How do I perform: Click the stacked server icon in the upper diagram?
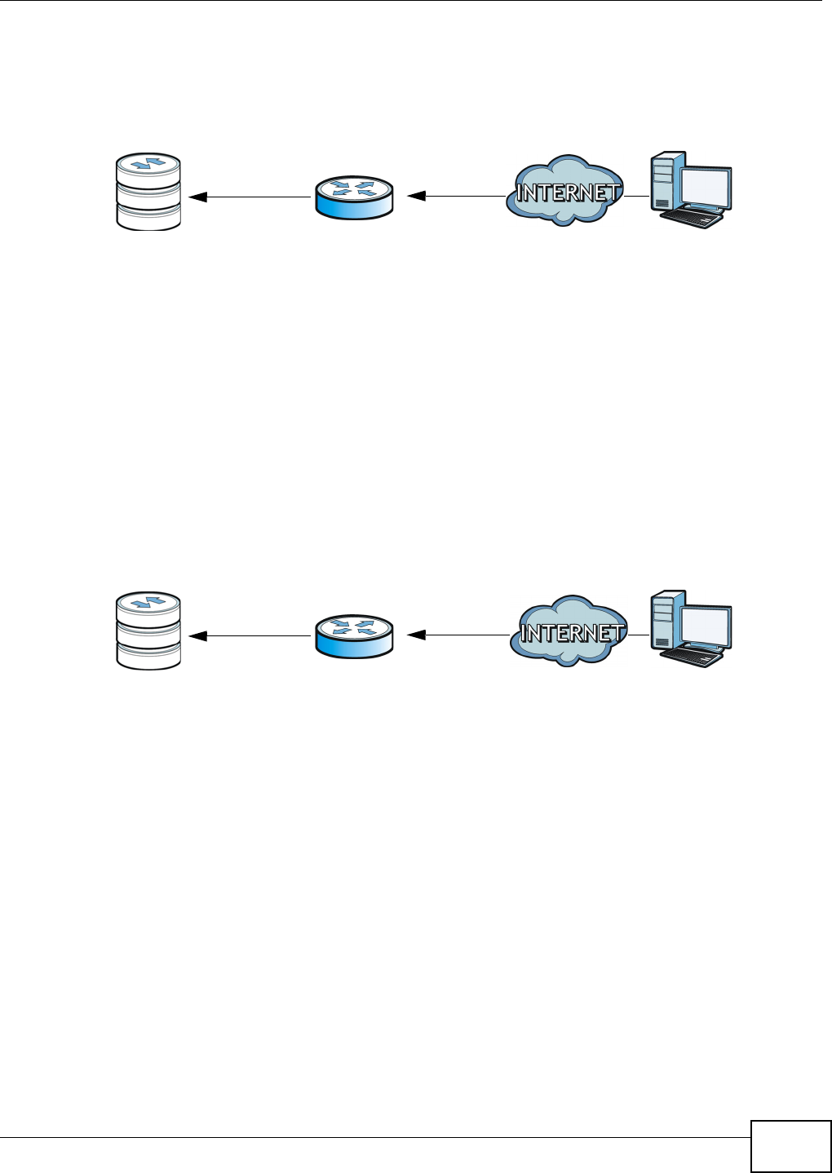[148, 192]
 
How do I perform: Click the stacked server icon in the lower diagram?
[148, 631]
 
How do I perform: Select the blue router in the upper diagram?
[354, 196]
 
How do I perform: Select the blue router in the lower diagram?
[354, 635]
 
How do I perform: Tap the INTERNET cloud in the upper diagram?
[564, 192]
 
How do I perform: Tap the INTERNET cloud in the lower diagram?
[569, 631]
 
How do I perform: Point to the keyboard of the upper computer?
[692, 217]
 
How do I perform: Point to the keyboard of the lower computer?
[692, 656]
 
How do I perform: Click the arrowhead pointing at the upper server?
[197, 197]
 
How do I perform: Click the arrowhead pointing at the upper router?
[416, 196]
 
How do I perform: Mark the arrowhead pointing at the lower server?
[197, 635]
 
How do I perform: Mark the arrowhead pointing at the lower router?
[416, 635]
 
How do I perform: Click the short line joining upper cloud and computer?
[637, 196]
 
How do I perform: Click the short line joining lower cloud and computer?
[639, 635]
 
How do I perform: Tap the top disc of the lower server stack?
[148, 604]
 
